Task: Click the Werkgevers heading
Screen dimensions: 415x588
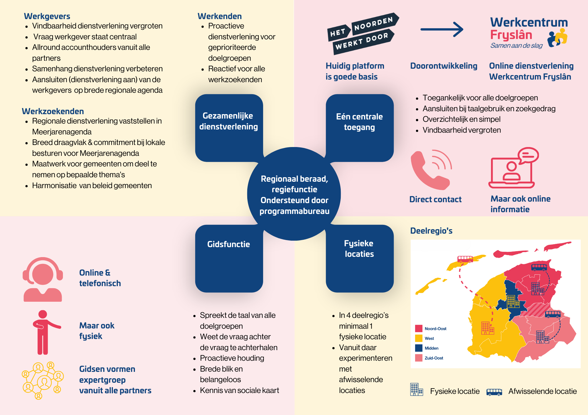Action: click(x=47, y=16)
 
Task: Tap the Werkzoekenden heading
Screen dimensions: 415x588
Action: click(x=53, y=111)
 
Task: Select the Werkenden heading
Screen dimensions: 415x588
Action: click(x=220, y=16)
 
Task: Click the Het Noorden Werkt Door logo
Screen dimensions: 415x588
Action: click(x=363, y=33)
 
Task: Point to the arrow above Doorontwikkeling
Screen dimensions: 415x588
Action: click(x=442, y=29)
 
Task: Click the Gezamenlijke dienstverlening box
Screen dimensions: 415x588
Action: click(x=229, y=127)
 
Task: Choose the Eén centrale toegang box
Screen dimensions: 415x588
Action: click(x=359, y=127)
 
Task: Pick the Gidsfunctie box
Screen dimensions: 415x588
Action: click(x=229, y=258)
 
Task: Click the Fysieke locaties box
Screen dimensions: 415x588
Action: click(x=359, y=258)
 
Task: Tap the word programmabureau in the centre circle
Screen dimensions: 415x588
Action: click(x=294, y=211)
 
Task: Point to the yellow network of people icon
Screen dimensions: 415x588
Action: click(x=43, y=380)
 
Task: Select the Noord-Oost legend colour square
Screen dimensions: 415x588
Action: click(x=419, y=329)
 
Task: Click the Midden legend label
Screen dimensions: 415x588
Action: click(x=431, y=348)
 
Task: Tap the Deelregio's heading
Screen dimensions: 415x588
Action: click(x=431, y=231)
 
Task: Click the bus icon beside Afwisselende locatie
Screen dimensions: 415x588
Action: click(x=494, y=392)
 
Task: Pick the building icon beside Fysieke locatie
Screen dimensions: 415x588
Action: click(x=416, y=390)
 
